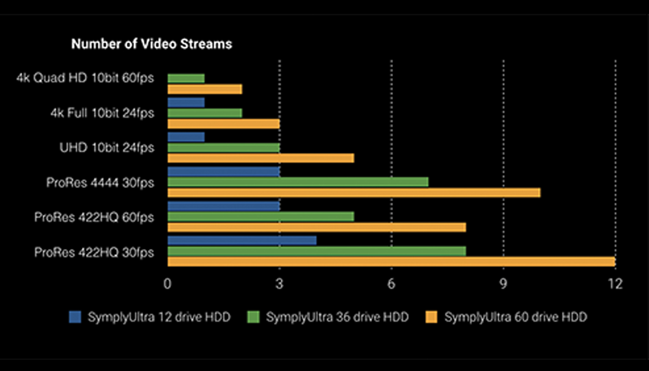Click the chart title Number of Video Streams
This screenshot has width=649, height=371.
(x=152, y=44)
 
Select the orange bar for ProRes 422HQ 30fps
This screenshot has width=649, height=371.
(x=391, y=262)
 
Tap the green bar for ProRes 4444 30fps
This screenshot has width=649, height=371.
(x=298, y=182)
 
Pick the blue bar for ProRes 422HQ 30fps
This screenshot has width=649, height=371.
(x=242, y=240)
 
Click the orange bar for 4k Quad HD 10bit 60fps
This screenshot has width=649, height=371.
(x=204, y=90)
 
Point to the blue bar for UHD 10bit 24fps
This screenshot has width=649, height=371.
(x=186, y=137)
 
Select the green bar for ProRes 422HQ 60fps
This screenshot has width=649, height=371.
(x=261, y=217)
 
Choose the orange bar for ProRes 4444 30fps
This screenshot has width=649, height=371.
(x=354, y=192)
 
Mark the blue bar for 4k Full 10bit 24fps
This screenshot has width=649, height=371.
(x=186, y=102)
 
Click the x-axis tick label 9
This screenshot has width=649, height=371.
(x=503, y=284)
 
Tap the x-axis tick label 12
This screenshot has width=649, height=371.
(x=615, y=284)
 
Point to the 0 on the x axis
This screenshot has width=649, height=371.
(x=167, y=284)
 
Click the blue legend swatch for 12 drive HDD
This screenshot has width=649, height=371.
(x=75, y=317)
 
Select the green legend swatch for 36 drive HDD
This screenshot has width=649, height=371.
(x=254, y=317)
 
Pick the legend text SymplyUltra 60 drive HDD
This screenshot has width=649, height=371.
(x=515, y=317)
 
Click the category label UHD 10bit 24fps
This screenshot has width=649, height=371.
(x=107, y=148)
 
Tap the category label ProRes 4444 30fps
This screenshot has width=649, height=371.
(x=100, y=183)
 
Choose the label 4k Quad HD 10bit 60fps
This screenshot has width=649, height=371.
(x=85, y=78)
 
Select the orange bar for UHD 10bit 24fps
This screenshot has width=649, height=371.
(x=261, y=158)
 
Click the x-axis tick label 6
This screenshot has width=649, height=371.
(x=391, y=284)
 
